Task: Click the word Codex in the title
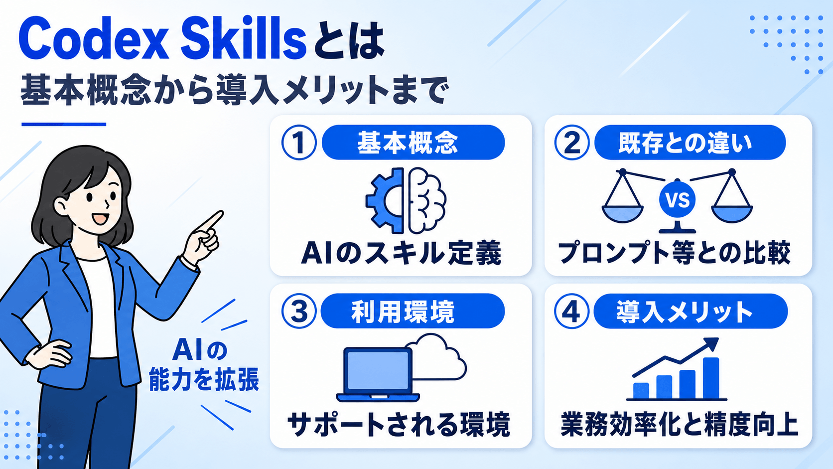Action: click(94, 40)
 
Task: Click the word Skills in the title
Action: click(244, 40)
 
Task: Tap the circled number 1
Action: click(299, 143)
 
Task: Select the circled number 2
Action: click(572, 143)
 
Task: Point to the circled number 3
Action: click(299, 311)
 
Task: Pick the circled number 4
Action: click(572, 311)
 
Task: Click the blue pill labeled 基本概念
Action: click(413, 143)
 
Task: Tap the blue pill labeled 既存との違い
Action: click(690, 143)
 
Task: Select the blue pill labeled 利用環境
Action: click(413, 311)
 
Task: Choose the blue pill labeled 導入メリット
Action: click(691, 311)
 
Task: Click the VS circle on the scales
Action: click(677, 200)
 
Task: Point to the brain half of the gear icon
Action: click(426, 201)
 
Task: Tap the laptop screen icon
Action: click(377, 374)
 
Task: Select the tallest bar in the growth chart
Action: click(710, 378)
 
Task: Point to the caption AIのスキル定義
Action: click(401, 254)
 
